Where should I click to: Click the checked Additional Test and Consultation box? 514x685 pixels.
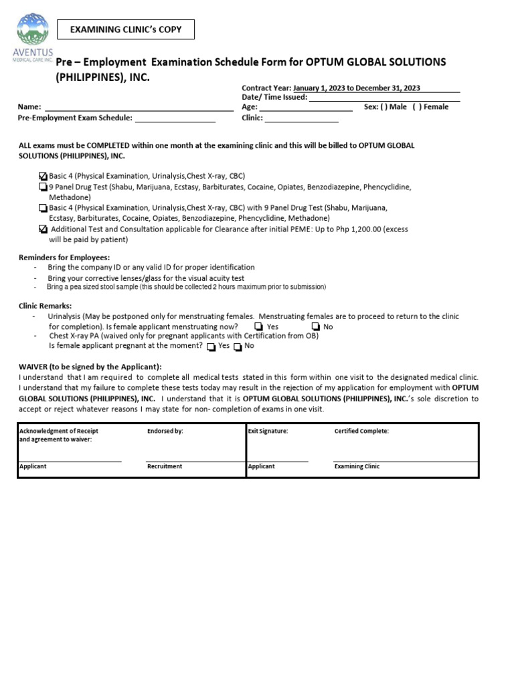pos(44,229)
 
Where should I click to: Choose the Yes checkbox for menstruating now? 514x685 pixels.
pos(258,327)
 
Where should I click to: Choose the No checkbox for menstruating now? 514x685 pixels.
pos(315,327)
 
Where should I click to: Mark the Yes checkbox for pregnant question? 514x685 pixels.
pos(211,347)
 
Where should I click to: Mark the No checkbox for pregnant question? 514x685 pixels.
pos(238,347)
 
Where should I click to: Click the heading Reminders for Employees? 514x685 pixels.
pos(64,258)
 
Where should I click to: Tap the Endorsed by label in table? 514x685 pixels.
pos(165,431)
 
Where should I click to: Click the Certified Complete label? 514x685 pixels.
pos(361,431)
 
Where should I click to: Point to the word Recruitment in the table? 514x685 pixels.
pos(165,466)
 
